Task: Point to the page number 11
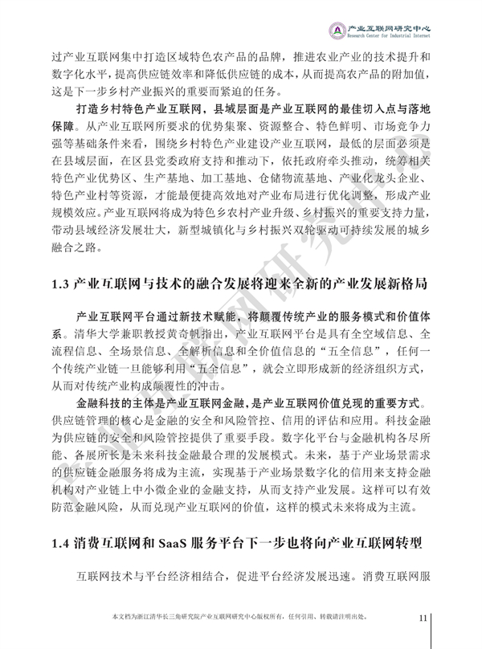click(424, 617)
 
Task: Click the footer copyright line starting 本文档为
click(241, 617)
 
